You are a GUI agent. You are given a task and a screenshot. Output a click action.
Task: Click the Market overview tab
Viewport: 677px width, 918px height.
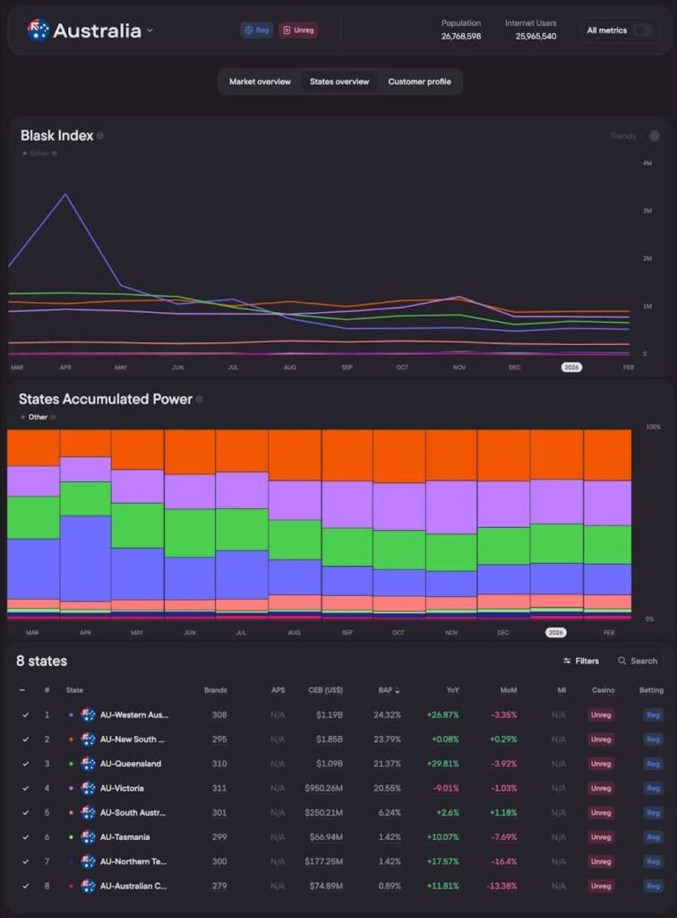(260, 82)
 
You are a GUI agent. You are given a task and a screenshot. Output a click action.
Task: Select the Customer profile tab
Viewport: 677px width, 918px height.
(419, 82)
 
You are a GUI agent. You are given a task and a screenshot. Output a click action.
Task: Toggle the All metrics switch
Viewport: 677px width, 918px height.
(642, 30)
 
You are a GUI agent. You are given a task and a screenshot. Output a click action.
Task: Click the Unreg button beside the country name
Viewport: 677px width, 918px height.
(298, 30)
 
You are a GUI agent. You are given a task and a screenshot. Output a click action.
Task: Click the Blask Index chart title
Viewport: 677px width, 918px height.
(56, 135)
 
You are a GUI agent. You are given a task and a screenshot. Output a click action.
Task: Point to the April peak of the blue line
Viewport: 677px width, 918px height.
(64, 194)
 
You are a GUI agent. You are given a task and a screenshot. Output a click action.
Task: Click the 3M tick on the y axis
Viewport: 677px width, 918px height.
(647, 211)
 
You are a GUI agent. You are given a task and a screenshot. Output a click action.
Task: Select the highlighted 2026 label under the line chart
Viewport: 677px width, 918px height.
(570, 367)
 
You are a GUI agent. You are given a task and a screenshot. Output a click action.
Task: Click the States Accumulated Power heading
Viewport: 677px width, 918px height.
(105, 399)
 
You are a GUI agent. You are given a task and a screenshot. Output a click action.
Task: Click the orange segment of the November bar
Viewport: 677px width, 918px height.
(450, 455)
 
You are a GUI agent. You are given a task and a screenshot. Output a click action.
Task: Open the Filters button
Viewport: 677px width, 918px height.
(581, 661)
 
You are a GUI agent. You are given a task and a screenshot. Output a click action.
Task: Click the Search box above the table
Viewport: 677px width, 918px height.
(638, 661)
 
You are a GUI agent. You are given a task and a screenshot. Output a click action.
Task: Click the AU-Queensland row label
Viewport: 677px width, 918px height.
(131, 764)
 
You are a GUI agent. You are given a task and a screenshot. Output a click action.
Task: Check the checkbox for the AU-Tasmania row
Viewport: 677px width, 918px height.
(25, 836)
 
